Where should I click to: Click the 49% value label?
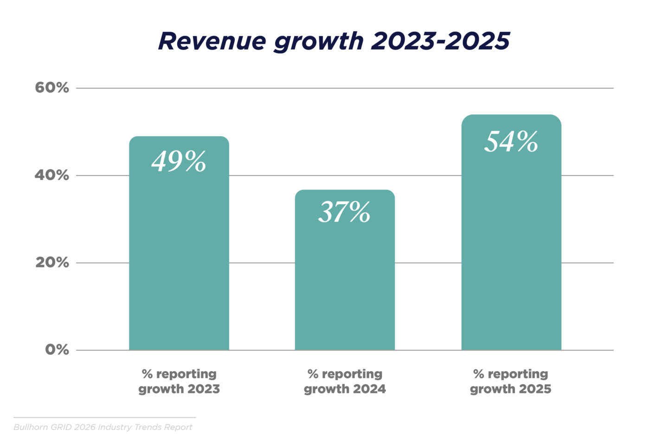point(179,162)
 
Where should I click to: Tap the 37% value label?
point(344,212)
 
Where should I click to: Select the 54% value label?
point(511,141)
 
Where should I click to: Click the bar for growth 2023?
point(179,259)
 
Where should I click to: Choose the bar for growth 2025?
point(511,250)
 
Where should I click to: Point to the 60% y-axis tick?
point(52,88)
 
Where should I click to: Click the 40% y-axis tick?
point(52,175)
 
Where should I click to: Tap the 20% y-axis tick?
point(52,263)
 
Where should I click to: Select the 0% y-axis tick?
point(57,350)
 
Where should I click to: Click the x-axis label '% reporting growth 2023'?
point(179,381)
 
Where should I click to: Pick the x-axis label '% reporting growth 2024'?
point(345,381)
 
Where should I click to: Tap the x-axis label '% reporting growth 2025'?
point(511,381)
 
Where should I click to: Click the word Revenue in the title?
point(212,41)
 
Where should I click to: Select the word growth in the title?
point(319,42)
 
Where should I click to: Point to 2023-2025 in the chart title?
point(440,41)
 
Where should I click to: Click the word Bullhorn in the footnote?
point(31,427)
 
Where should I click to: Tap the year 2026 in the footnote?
point(84,427)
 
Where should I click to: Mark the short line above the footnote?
point(104,418)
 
